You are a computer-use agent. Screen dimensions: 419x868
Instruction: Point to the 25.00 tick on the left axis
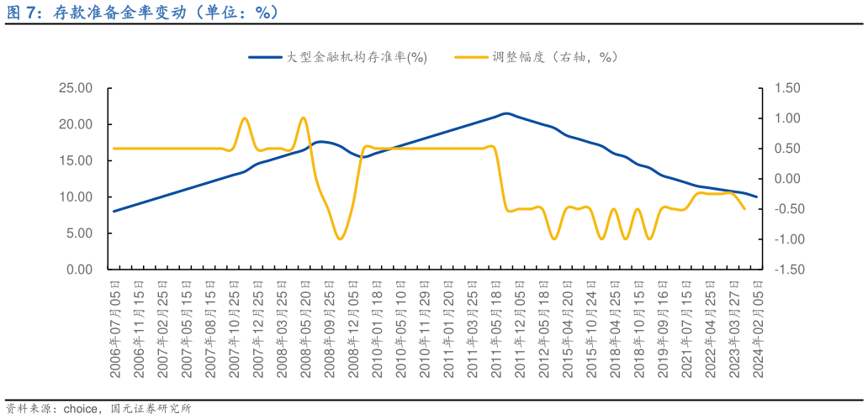click(x=76, y=88)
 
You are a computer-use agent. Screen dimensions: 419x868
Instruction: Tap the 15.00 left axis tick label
click(x=76, y=160)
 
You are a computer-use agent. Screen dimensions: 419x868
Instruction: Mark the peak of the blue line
click(x=505, y=113)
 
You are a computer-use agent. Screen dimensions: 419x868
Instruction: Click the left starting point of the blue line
click(x=114, y=211)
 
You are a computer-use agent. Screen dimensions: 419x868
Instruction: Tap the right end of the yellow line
click(x=744, y=209)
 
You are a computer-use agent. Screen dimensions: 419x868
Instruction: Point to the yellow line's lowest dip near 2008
click(x=340, y=239)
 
